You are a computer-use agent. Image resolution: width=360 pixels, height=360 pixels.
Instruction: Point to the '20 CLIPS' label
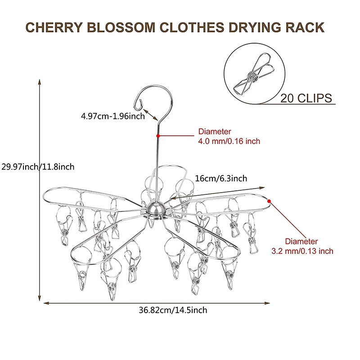click(x=306, y=98)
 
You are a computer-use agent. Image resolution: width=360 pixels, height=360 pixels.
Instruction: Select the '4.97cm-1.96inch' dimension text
click(x=112, y=116)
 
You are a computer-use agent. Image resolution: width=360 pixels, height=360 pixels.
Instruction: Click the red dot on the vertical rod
click(x=158, y=135)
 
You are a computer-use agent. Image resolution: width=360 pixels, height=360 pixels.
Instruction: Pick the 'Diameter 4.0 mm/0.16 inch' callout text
click(x=229, y=136)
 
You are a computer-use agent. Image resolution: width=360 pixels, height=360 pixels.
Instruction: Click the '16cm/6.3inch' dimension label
click(x=221, y=179)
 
